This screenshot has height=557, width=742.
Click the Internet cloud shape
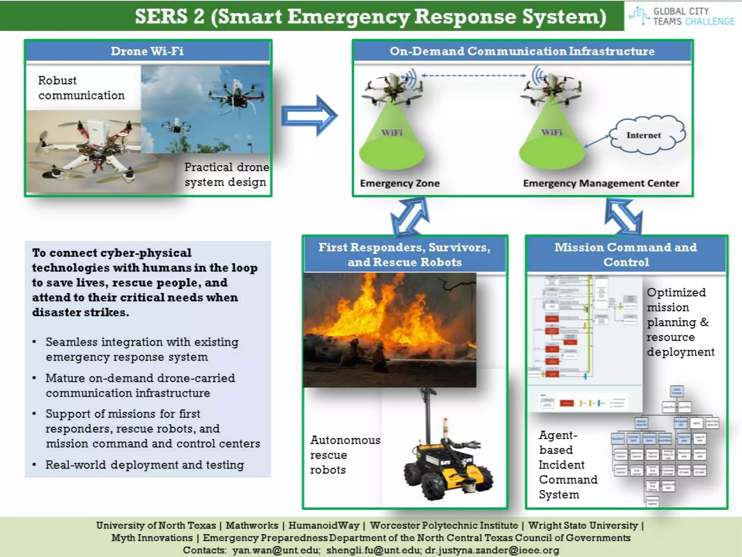coord(647,135)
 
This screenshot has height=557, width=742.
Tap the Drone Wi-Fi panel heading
coord(147,51)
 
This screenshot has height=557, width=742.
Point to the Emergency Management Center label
coord(601,183)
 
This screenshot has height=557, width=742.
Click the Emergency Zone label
coord(400,183)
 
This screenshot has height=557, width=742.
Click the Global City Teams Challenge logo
coord(683,16)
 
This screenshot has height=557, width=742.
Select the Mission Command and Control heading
coord(626,255)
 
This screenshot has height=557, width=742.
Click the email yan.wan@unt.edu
coord(276,550)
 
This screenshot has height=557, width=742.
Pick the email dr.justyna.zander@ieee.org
coord(492,550)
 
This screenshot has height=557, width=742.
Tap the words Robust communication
coord(82,88)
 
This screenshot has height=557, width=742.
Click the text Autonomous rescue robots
coord(345,455)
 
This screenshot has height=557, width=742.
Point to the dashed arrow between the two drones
coord(474,76)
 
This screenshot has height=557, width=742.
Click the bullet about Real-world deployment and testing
coord(145,465)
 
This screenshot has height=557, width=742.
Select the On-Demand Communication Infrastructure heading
coord(522,51)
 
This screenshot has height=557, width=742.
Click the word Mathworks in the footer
coord(252,525)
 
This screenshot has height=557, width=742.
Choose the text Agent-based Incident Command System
coord(567,465)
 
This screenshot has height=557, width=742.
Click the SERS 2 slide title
coord(370,17)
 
